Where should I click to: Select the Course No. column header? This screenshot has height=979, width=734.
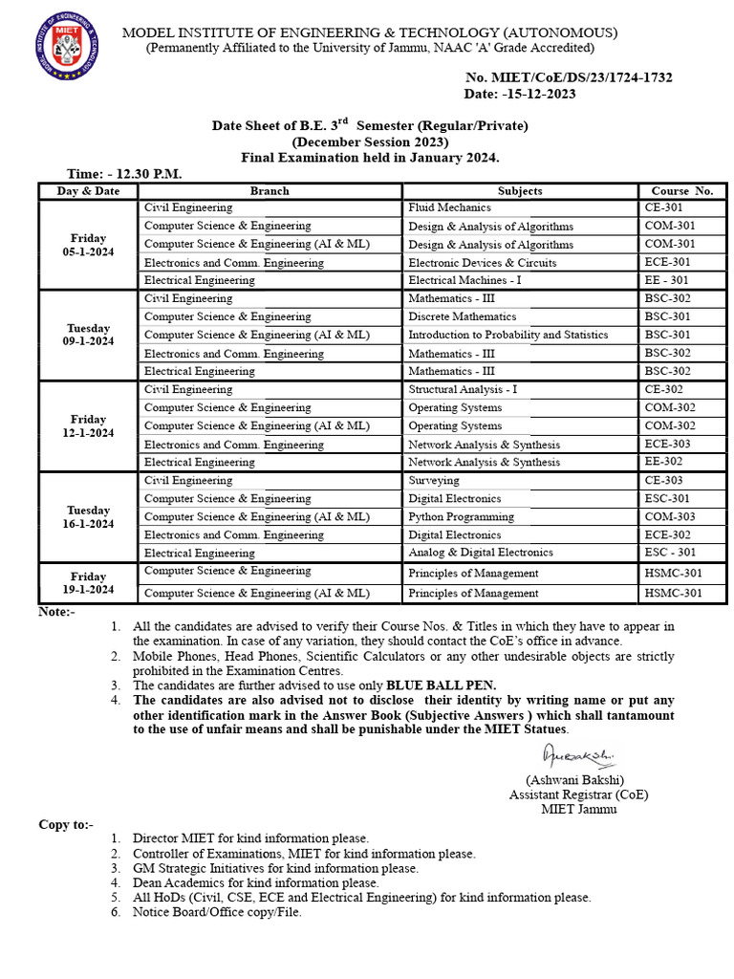(681, 191)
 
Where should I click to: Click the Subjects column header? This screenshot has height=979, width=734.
(520, 191)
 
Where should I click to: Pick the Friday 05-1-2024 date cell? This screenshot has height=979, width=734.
(88, 245)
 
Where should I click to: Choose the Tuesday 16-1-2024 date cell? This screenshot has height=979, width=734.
(88, 517)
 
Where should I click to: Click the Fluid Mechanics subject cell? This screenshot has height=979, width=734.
(449, 207)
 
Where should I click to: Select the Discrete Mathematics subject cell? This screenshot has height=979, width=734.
(462, 316)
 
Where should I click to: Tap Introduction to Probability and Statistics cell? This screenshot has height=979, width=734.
(507, 335)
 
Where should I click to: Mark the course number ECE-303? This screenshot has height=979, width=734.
(669, 445)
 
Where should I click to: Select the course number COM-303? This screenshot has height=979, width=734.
(670, 516)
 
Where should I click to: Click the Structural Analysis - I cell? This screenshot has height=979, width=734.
(463, 390)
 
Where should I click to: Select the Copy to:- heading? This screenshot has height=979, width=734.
(66, 824)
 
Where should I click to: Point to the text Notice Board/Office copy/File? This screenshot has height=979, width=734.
(217, 912)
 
